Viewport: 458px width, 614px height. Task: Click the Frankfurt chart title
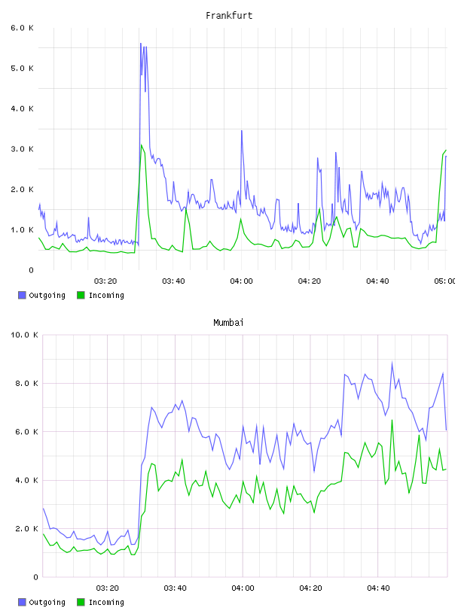point(229,15)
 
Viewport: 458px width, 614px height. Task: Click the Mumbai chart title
point(228,322)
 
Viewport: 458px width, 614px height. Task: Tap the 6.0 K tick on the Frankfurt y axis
point(22,28)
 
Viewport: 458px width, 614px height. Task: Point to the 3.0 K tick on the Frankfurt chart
point(22,149)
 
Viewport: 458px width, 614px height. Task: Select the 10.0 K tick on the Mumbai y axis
point(24,335)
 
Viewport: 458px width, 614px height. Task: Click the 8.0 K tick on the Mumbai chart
point(26,383)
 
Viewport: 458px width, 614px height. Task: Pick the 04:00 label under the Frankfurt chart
point(242,281)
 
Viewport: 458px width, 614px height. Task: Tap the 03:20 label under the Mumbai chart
point(108,588)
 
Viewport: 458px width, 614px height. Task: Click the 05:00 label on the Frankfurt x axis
point(445,281)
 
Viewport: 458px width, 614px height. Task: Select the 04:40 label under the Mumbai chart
point(378,588)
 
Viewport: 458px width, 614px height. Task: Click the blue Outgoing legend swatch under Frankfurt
point(22,295)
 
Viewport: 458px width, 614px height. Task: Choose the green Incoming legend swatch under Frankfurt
point(81,295)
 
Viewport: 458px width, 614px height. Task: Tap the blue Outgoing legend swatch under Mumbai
point(22,602)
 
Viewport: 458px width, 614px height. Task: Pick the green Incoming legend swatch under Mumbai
point(81,602)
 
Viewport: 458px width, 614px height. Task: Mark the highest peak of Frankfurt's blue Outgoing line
point(141,44)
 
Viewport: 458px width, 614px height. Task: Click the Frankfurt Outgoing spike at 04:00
point(242,131)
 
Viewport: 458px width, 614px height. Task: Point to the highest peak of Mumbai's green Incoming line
point(392,420)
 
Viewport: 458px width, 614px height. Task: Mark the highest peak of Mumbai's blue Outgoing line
point(392,362)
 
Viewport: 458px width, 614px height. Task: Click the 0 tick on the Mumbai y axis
point(35,577)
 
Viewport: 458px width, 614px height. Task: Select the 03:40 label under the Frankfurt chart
point(173,281)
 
